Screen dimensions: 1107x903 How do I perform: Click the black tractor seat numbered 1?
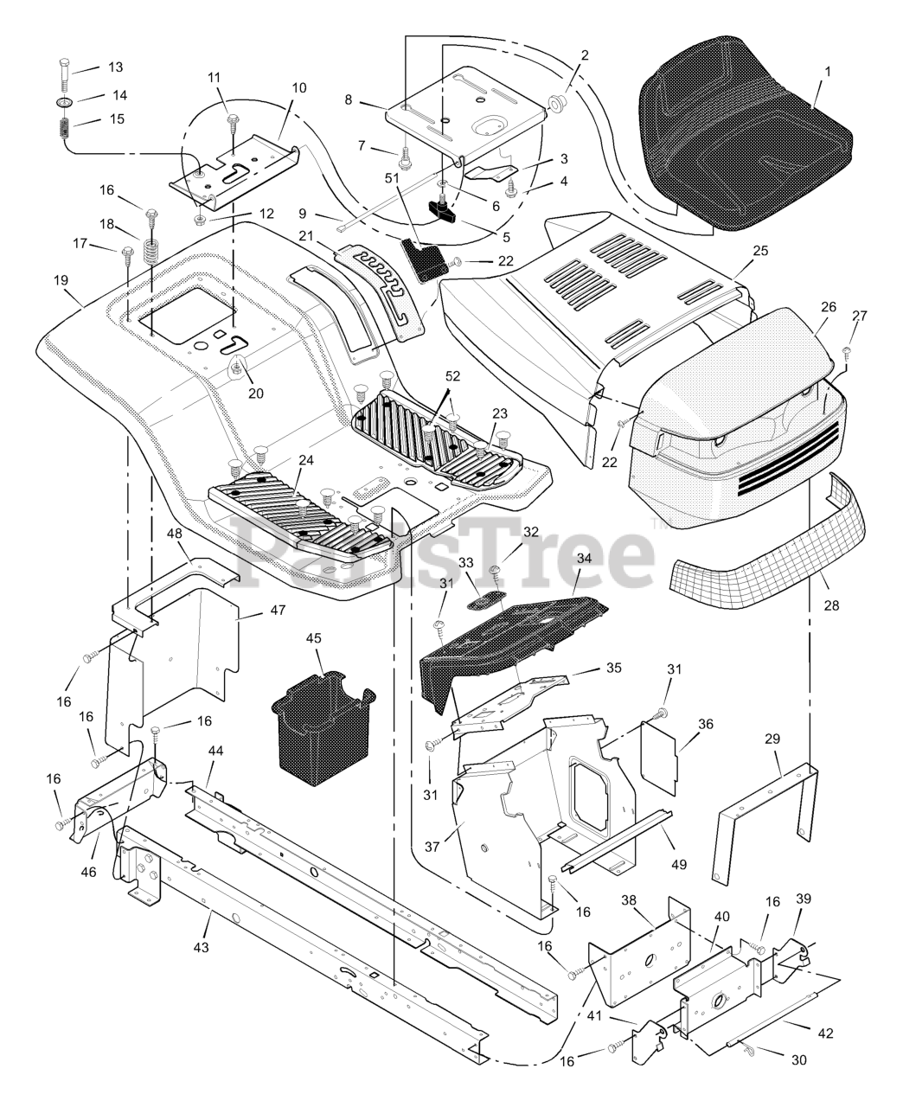(x=744, y=130)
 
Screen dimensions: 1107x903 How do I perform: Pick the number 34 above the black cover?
(x=584, y=559)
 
